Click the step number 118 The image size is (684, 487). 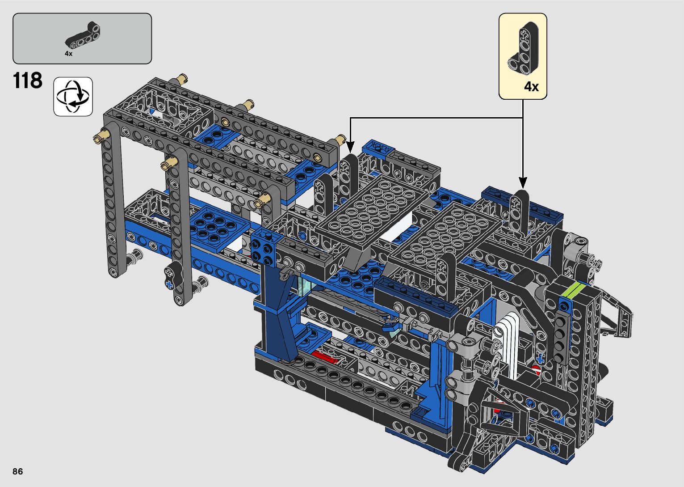28,80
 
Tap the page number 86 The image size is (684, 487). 18,471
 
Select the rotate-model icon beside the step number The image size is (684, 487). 73,97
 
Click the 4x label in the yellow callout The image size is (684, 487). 531,87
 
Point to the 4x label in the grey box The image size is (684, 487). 69,54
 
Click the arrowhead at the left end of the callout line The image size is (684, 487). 350,147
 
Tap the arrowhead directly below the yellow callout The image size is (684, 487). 523,183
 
